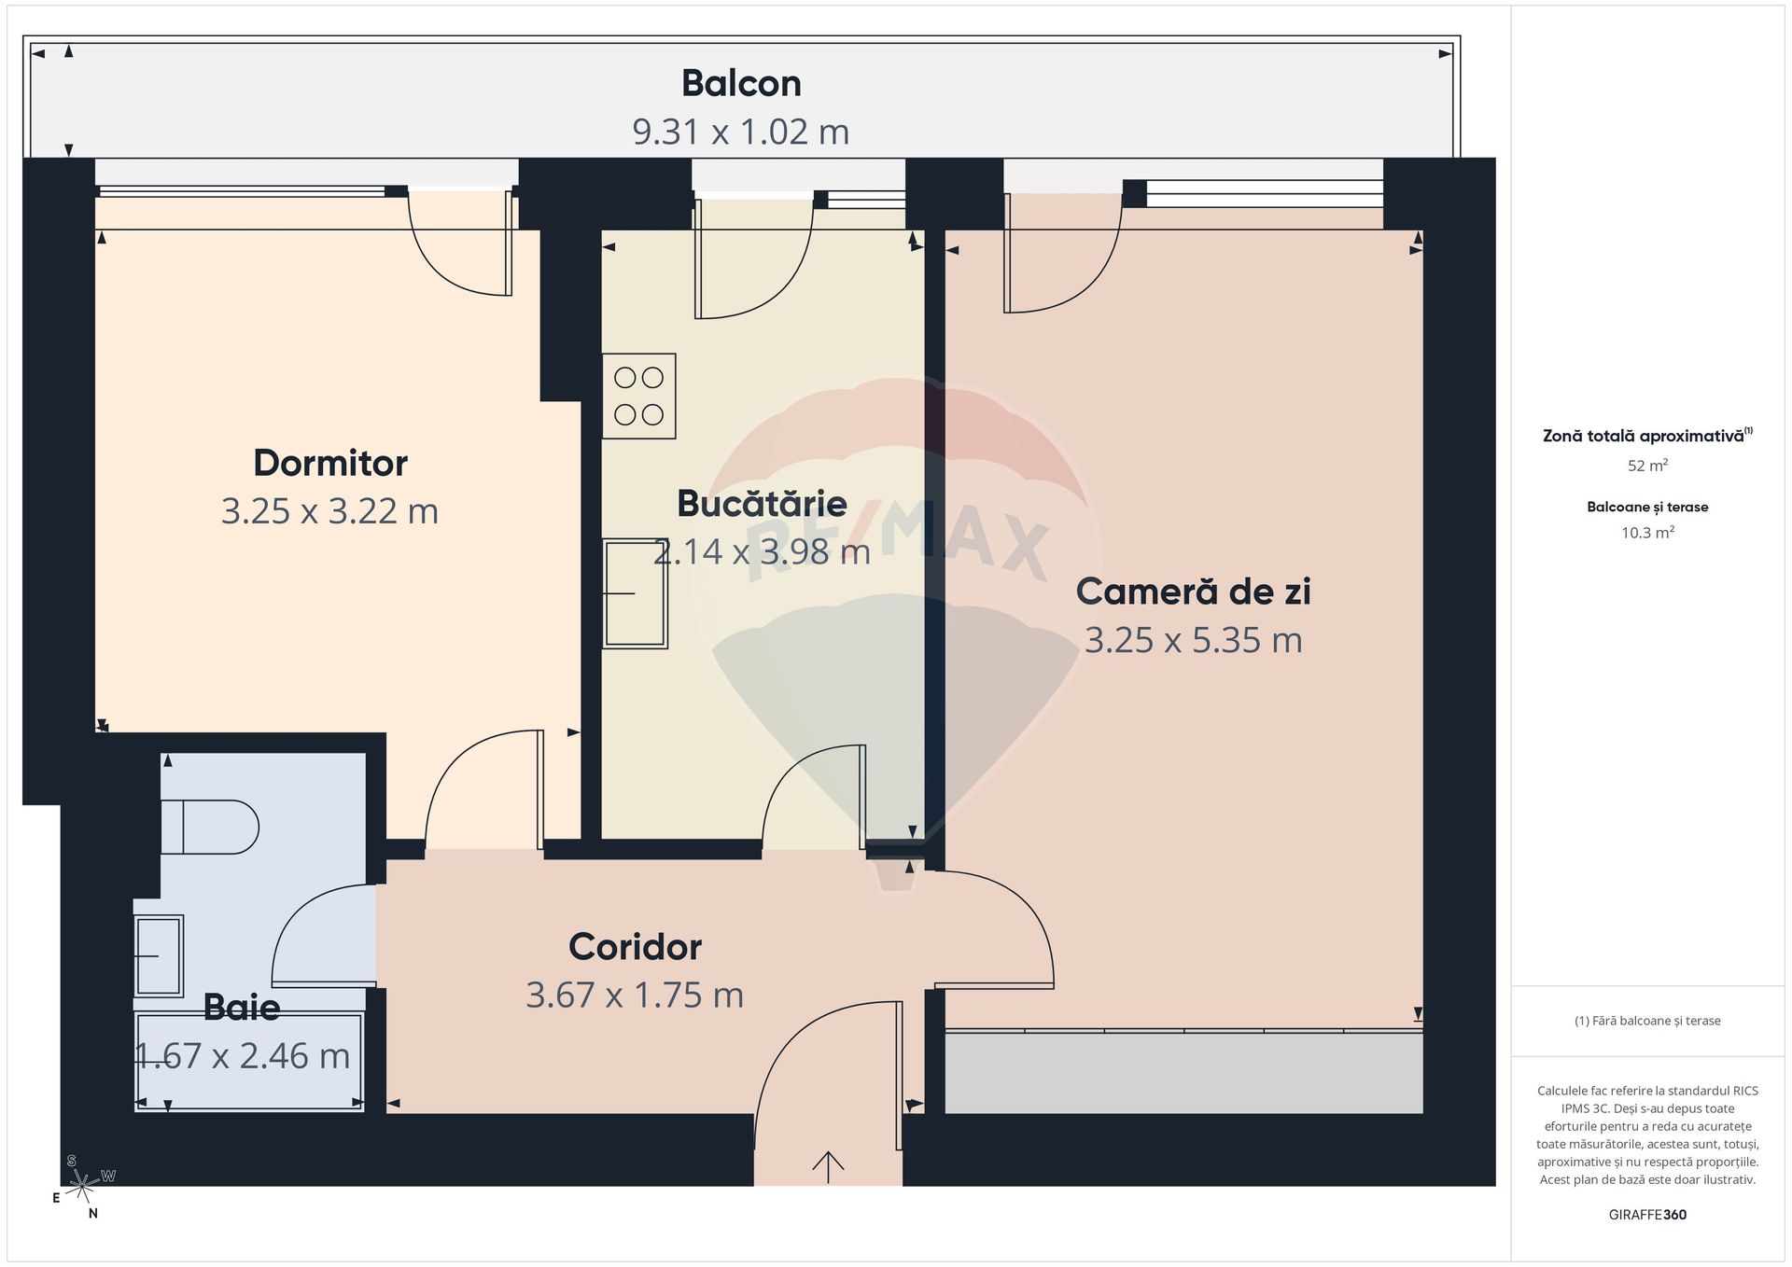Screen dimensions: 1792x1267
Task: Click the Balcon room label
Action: point(741,83)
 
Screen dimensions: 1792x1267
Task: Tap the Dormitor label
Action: point(330,463)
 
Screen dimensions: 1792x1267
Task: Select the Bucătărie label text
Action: point(762,503)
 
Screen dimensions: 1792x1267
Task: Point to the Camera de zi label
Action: point(1193,591)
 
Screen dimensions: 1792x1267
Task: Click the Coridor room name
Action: point(635,946)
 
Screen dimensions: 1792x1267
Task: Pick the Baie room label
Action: point(242,1007)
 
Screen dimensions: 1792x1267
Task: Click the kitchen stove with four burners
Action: point(639,396)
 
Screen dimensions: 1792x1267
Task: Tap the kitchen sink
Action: point(636,593)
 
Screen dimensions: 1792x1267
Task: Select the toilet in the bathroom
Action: point(210,827)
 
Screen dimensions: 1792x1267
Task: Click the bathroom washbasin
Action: point(159,955)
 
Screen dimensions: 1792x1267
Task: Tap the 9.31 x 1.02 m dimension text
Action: point(741,132)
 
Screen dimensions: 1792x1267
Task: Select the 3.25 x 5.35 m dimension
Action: point(1193,640)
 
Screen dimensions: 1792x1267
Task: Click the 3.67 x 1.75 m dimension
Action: point(635,995)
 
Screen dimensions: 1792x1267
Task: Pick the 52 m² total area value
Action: point(1647,465)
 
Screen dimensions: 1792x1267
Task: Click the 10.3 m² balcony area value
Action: point(1647,533)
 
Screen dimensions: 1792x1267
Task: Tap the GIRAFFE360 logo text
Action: point(1647,1215)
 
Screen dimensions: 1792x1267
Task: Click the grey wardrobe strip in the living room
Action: point(1183,1072)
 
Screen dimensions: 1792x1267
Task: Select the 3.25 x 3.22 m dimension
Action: point(330,511)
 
